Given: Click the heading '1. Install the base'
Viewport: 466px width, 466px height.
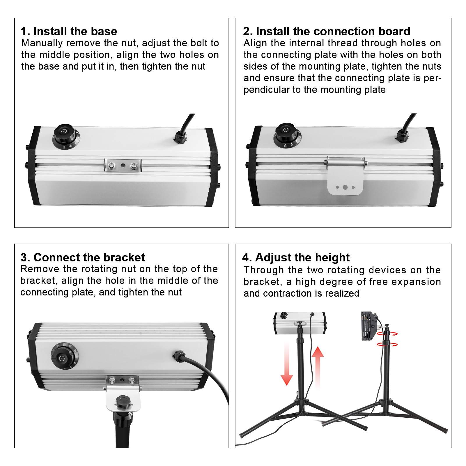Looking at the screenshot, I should coord(69,31).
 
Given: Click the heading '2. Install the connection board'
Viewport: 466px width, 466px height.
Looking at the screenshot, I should coord(327,31).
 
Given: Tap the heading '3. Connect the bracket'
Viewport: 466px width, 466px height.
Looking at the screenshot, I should coord(83,257).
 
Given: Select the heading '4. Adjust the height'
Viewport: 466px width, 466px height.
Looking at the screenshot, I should coord(296,257).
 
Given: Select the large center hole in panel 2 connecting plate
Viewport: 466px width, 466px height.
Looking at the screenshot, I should coord(345,187).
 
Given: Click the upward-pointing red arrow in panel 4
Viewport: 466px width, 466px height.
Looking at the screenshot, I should coord(318,364).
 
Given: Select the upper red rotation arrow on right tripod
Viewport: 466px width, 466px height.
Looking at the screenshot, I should coord(387,334).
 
